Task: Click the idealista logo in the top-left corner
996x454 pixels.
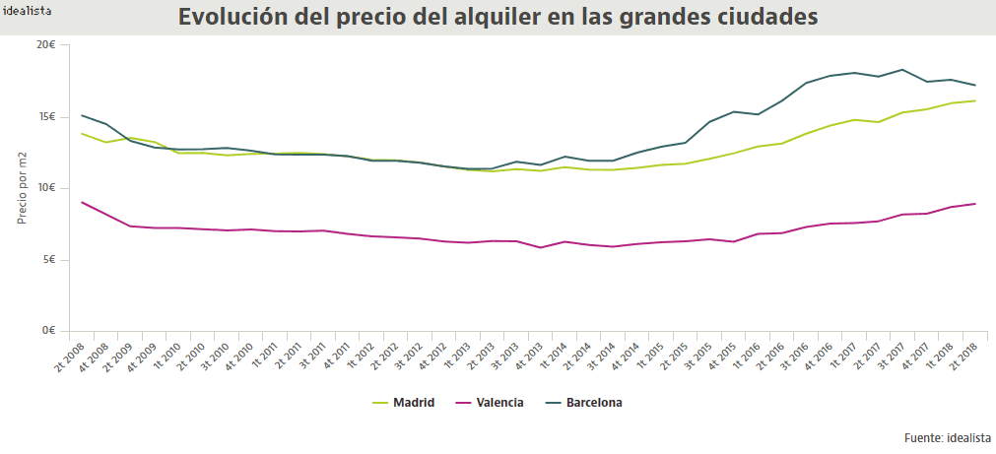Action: [28, 11]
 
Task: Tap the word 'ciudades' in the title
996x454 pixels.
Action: [765, 18]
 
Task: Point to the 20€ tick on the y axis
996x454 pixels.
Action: [45, 45]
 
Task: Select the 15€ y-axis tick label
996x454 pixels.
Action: [45, 117]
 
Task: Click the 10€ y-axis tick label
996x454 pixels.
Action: [45, 188]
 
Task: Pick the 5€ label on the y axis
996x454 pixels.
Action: [48, 260]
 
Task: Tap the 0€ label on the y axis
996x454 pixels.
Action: [48, 331]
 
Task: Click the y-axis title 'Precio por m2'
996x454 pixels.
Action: [22, 188]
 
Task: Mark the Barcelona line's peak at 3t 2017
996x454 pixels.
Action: [902, 70]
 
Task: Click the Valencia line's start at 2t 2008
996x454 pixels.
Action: [82, 202]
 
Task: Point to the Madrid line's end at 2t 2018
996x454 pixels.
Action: [975, 100]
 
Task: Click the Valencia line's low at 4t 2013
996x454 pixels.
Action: [540, 247]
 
